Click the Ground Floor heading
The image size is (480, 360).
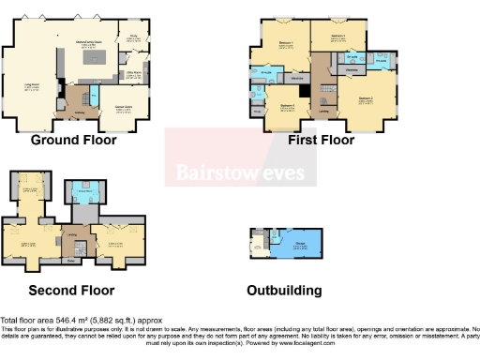pos(73,141)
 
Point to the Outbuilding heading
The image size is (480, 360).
pos(283,290)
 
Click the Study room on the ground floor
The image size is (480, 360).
pos(133,38)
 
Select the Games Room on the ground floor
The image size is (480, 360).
pos(121,109)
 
